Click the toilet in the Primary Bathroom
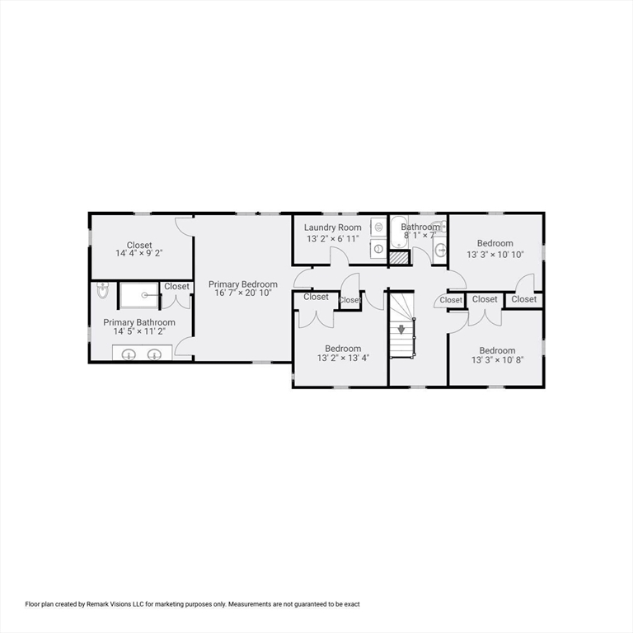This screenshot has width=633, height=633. [x=102, y=291]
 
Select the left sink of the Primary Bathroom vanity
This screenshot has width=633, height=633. [x=129, y=354]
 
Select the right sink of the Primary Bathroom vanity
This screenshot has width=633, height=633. [x=154, y=354]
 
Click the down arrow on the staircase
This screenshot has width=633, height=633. [x=401, y=329]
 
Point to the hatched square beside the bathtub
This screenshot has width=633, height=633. [x=399, y=257]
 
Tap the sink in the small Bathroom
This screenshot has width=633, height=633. [x=440, y=249]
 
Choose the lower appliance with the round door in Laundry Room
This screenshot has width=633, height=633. [x=377, y=248]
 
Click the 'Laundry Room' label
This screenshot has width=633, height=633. [x=332, y=227]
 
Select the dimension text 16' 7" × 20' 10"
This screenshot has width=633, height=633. [x=242, y=293]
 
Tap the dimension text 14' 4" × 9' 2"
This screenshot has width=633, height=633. [x=139, y=255]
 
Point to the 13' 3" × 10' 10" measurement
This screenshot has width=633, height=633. [x=495, y=255]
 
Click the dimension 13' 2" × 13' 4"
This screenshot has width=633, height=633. [x=343, y=359]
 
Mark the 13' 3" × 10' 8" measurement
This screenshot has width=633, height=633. [x=497, y=360]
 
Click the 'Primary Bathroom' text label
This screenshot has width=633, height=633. [x=138, y=322]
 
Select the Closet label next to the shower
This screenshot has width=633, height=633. [x=176, y=287]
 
